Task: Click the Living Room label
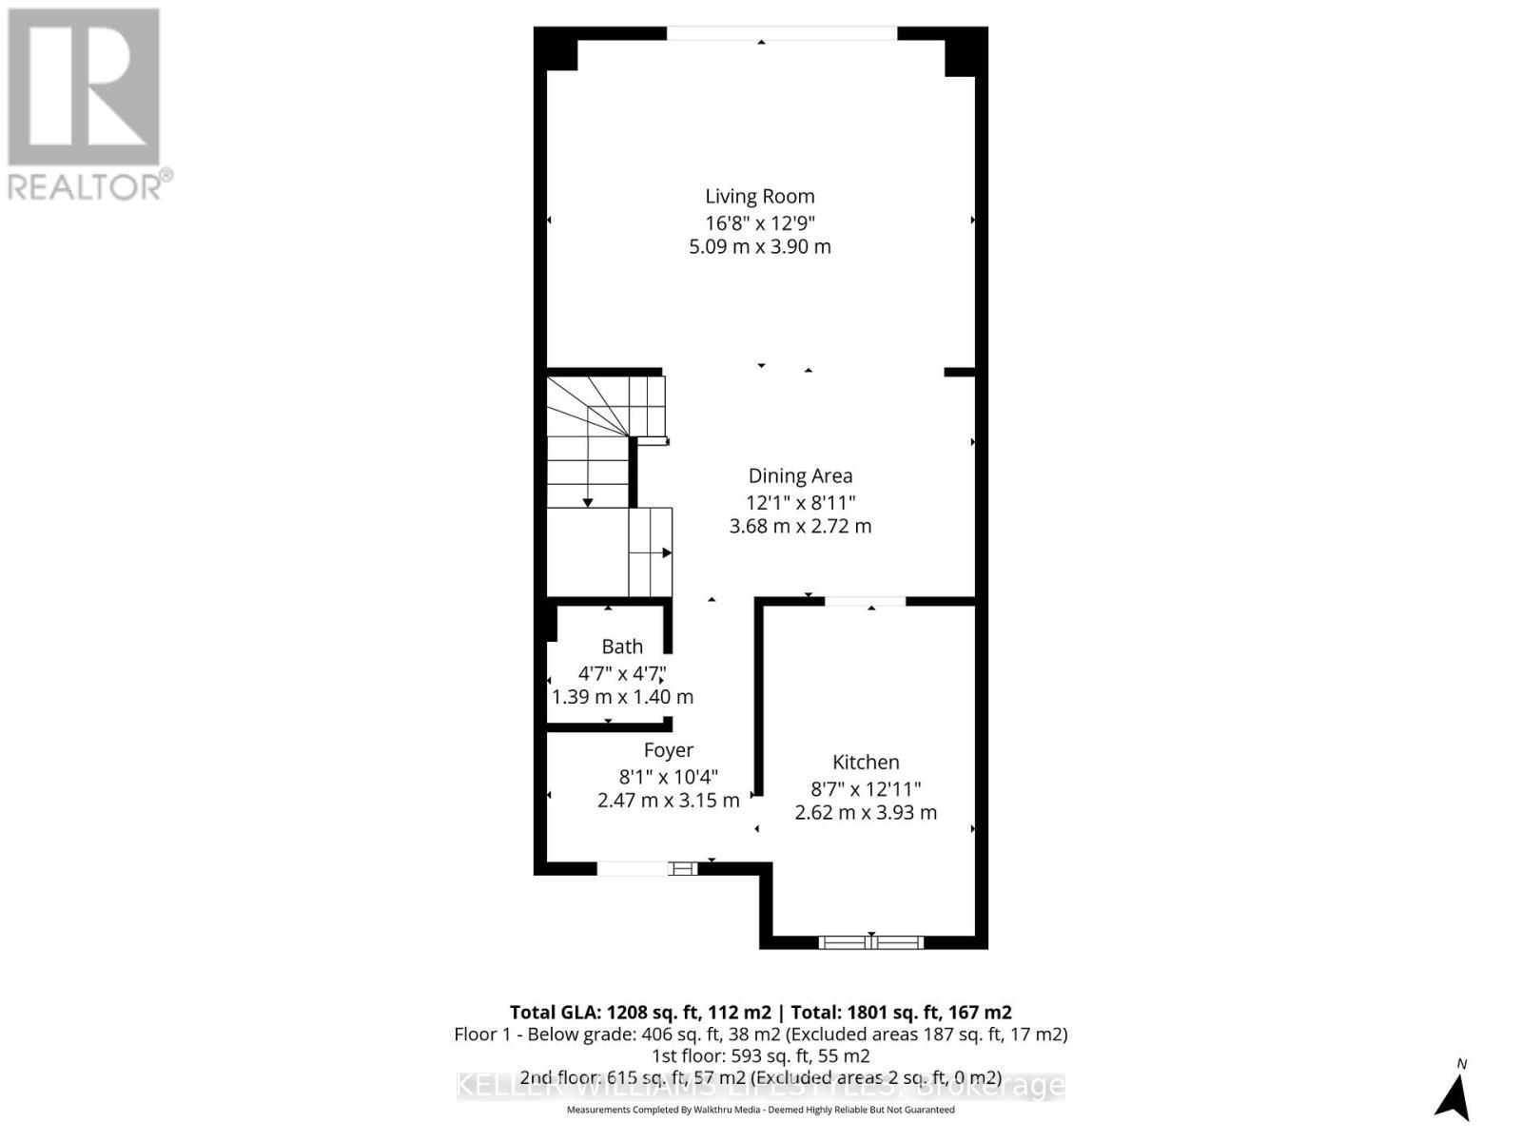point(759,197)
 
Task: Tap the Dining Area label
point(800,476)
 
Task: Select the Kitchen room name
point(866,763)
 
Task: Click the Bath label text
point(622,647)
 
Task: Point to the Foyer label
point(669,751)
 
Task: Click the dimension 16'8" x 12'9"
point(759,222)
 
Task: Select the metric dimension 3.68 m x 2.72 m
point(800,526)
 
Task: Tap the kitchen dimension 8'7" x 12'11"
point(866,788)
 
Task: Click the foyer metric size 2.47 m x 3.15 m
point(669,801)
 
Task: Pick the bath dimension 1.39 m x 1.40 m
point(622,697)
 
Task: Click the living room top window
point(781,33)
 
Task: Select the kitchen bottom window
point(871,942)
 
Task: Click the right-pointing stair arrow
point(666,552)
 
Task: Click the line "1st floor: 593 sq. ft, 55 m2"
point(760,1056)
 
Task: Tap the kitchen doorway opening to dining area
point(865,601)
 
